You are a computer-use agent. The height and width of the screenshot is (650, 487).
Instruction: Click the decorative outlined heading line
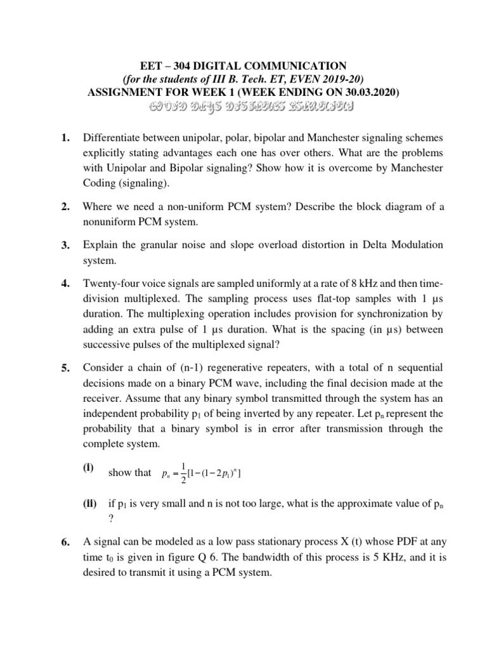point(243,106)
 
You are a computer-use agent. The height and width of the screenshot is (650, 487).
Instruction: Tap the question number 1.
point(65,138)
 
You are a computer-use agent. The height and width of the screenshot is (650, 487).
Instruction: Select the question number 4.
point(65,283)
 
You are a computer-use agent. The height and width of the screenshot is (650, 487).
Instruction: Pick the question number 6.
point(65,542)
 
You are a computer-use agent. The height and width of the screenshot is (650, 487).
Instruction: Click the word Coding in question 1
point(100,183)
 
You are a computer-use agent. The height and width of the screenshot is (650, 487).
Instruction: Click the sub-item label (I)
point(89,468)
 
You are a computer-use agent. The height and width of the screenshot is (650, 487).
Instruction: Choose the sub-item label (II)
point(90,504)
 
